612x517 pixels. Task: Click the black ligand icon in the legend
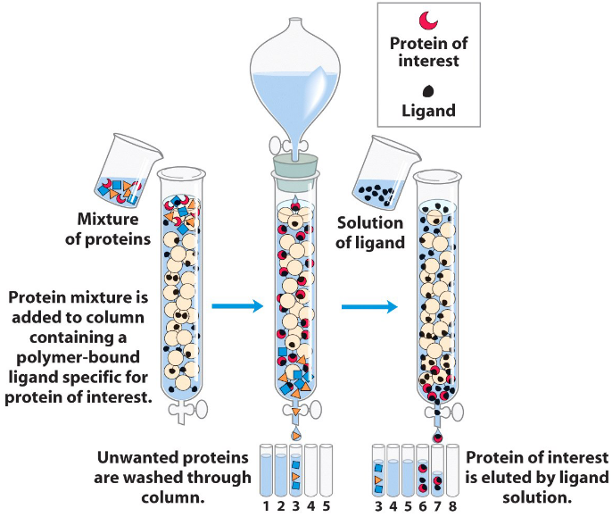point(428,90)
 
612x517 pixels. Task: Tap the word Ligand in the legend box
point(428,112)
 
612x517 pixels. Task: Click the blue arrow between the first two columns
point(237,306)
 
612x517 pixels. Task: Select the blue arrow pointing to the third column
point(369,306)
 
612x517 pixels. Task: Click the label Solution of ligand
point(369,232)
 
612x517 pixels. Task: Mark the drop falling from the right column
point(437,437)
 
